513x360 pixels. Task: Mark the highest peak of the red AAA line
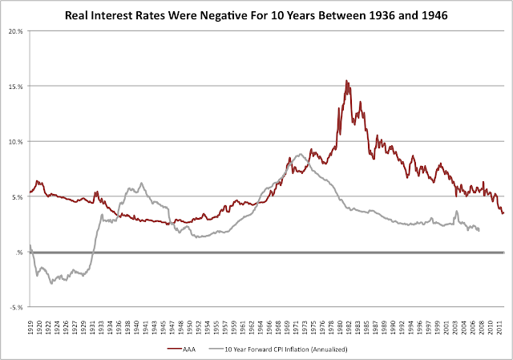[x=346, y=80]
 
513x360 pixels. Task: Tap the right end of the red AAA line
[x=503, y=212]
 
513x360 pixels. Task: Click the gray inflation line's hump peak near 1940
[x=141, y=183]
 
